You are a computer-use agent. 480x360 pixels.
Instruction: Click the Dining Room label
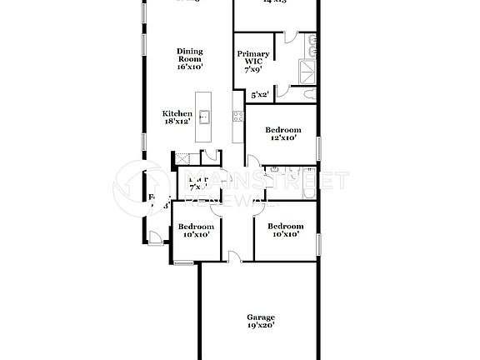point(190,55)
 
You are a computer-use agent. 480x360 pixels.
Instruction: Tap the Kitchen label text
point(177,114)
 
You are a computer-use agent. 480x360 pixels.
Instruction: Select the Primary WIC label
point(253,59)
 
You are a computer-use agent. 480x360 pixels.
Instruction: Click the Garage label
point(260,317)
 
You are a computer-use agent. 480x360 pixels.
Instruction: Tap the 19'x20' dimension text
point(260,326)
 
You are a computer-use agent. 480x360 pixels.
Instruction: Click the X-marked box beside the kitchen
point(180,158)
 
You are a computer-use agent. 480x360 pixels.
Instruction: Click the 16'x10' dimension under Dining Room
point(190,66)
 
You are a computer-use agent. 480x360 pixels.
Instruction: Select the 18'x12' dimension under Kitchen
point(177,122)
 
